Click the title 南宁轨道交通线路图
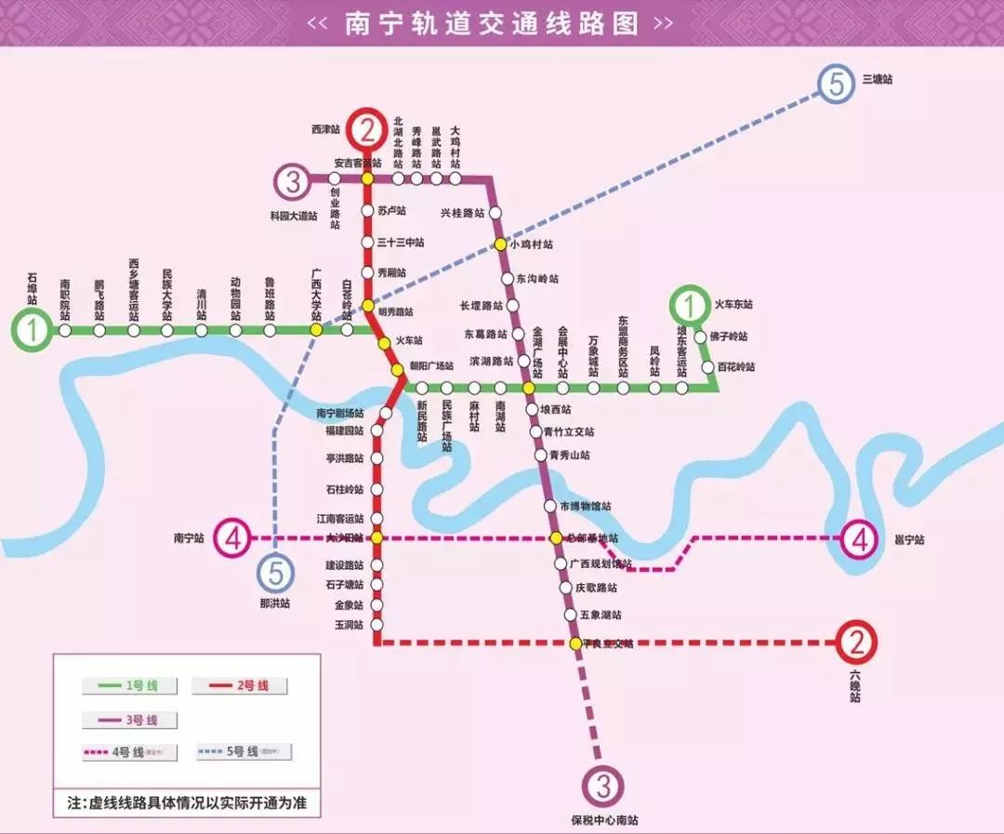tap(492, 23)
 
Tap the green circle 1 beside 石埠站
tap(33, 330)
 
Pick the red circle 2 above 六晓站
tap(856, 642)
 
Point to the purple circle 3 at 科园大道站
tap(294, 182)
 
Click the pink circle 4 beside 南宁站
tap(233, 537)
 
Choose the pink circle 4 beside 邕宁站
tap(859, 538)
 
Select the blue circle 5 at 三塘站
tap(837, 85)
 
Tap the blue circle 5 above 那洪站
tap(276, 574)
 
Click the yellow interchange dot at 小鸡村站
tap(500, 245)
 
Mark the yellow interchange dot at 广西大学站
tap(316, 330)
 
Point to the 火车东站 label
tap(733, 304)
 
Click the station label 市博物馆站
tap(587, 507)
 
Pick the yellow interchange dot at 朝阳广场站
tap(398, 369)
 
